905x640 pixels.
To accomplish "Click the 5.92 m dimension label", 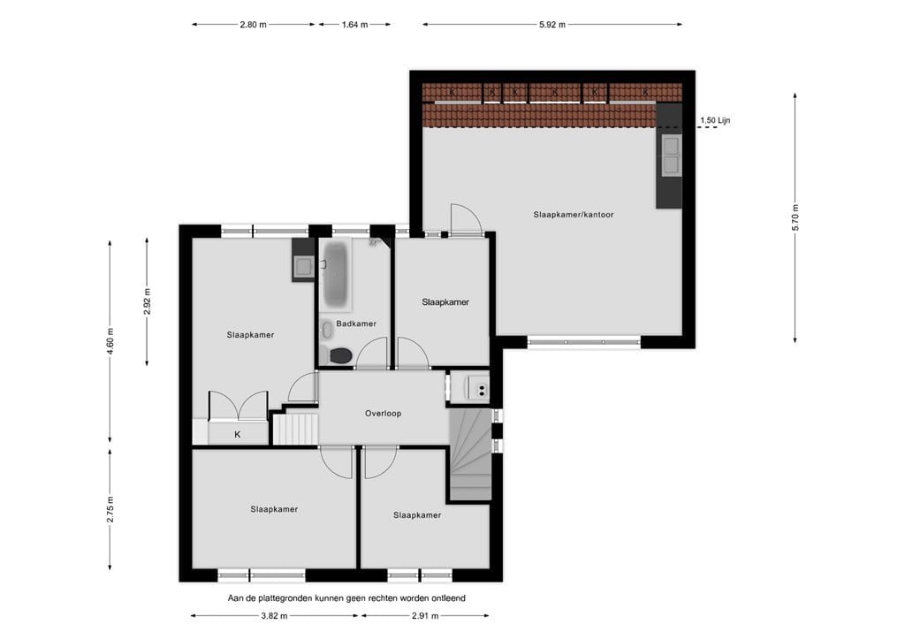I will (551, 25).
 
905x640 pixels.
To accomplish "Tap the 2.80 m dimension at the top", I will (253, 25).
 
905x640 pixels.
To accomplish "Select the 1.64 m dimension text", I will (354, 25).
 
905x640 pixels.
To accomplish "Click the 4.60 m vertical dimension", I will (110, 341).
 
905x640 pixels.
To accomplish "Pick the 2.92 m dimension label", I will (148, 302).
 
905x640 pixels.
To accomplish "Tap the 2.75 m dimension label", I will (110, 509).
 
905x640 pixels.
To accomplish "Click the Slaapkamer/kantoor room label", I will (573, 215).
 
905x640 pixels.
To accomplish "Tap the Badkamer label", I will (356, 324).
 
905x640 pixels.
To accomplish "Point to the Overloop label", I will (383, 413).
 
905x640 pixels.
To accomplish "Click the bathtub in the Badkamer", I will (335, 273).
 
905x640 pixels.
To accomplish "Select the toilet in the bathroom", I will (339, 355).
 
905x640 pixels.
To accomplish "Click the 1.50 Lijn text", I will (715, 120).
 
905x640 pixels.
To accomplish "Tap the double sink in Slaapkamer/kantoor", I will (670, 155).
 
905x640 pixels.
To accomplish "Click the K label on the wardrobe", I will (237, 434).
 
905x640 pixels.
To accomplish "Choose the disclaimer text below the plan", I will (346, 598).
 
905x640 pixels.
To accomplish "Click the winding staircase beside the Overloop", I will (471, 455).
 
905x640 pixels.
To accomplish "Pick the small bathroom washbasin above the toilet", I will (326, 330).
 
